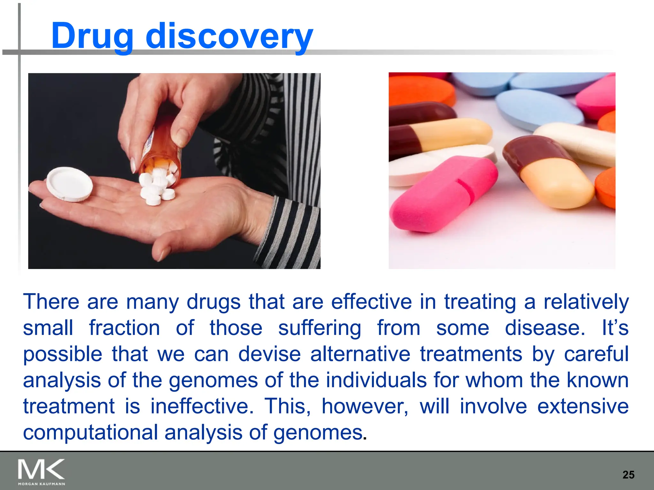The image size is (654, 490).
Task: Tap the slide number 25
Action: click(628, 475)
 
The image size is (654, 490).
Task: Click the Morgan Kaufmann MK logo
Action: click(41, 472)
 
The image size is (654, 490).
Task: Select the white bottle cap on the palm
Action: click(69, 184)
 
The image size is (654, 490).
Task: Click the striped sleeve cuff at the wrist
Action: click(291, 230)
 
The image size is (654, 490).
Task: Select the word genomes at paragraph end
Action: click(317, 433)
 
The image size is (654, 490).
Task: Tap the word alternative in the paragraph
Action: click(360, 354)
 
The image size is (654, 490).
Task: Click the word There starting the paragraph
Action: click(51, 301)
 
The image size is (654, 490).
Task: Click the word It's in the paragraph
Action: click(615, 328)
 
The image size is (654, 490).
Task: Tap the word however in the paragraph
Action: click(364, 406)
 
